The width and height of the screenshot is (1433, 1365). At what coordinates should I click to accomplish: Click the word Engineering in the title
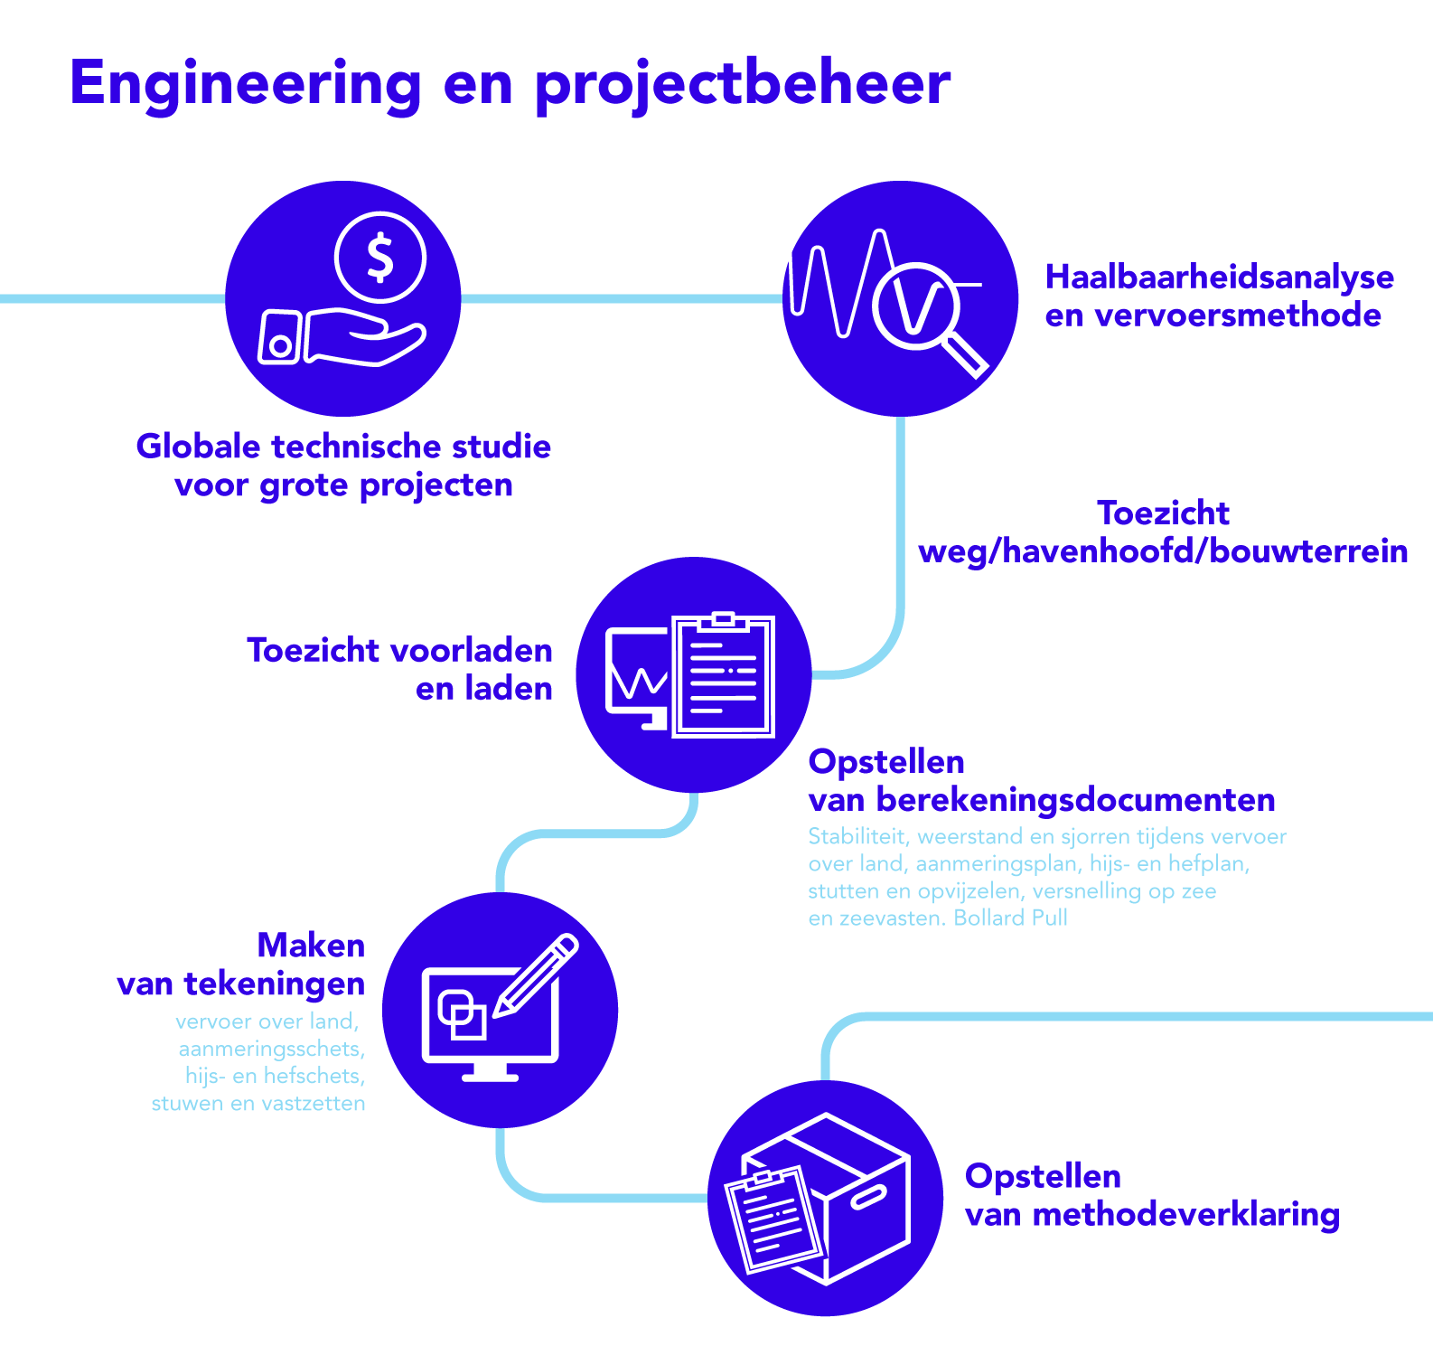point(246,84)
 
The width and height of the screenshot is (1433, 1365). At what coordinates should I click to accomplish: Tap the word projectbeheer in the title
point(743,84)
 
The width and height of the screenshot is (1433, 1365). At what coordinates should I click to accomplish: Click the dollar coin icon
point(379,257)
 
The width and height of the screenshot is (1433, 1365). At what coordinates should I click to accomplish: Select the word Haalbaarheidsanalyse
point(1220,278)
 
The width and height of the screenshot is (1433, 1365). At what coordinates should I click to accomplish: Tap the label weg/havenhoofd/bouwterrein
point(1163,551)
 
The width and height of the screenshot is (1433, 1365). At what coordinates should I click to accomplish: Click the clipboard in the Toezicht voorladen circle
point(724,673)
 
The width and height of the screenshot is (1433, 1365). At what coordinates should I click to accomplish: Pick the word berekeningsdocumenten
point(1076,800)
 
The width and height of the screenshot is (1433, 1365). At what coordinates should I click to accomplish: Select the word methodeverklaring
point(1186,1214)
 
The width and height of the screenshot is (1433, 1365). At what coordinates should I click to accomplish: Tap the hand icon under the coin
point(342,336)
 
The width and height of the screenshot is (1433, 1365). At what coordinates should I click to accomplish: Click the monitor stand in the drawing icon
point(491,1071)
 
